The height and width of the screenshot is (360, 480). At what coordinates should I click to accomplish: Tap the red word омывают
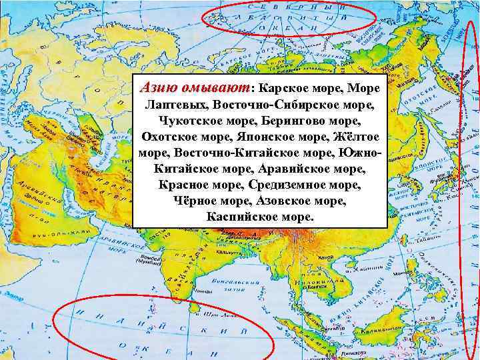click(210, 88)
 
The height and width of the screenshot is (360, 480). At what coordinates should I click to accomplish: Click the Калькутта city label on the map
click(233, 254)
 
